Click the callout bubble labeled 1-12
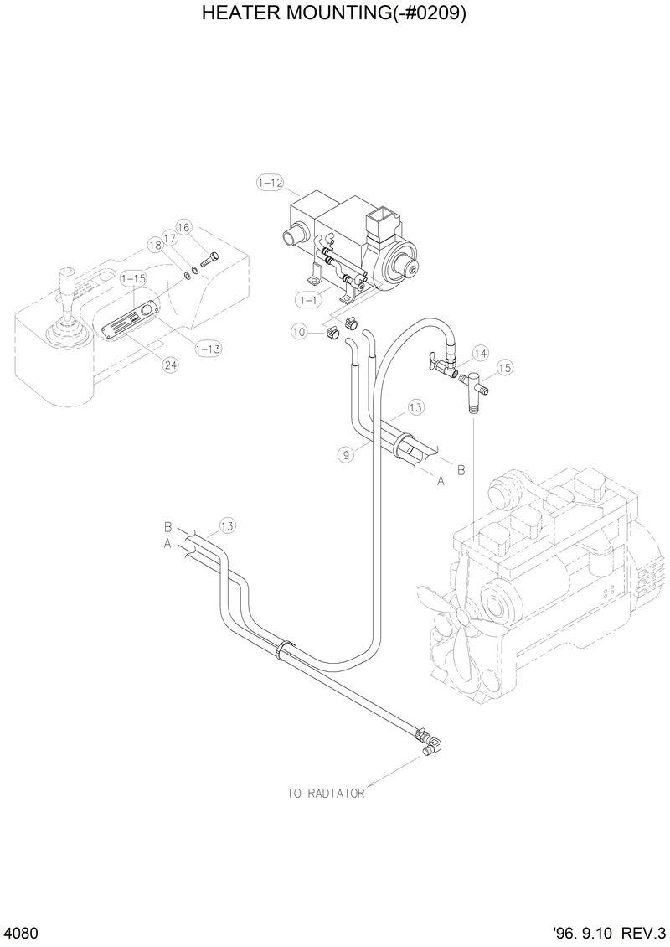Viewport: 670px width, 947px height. (271, 182)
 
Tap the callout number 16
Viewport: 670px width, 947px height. (184, 227)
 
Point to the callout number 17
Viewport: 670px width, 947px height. (170, 238)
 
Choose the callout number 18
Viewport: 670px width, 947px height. (155, 245)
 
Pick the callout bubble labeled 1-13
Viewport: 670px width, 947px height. (208, 349)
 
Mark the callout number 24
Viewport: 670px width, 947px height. (171, 365)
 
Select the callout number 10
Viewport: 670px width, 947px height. (300, 332)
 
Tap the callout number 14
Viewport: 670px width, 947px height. (480, 353)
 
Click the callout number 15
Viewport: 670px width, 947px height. (504, 367)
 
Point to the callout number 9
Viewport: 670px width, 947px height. (345, 455)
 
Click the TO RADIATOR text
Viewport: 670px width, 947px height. (326, 793)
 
